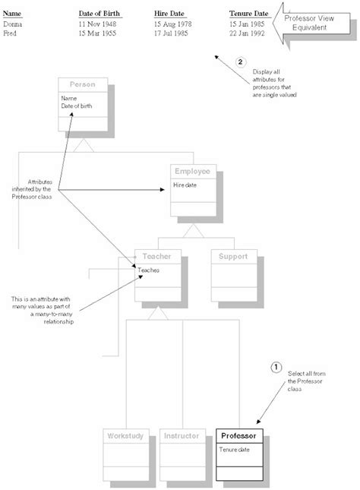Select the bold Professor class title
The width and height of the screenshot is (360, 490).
241,436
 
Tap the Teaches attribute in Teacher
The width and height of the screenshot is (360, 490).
149,270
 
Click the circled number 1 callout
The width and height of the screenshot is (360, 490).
276,368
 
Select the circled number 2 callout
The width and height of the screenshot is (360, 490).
242,62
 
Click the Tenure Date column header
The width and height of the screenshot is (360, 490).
248,14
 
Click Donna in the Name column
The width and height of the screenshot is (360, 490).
14,25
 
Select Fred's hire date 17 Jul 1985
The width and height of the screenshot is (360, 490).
172,34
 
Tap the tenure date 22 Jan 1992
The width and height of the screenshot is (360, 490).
247,34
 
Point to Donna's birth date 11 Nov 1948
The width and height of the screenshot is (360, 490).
98,25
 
